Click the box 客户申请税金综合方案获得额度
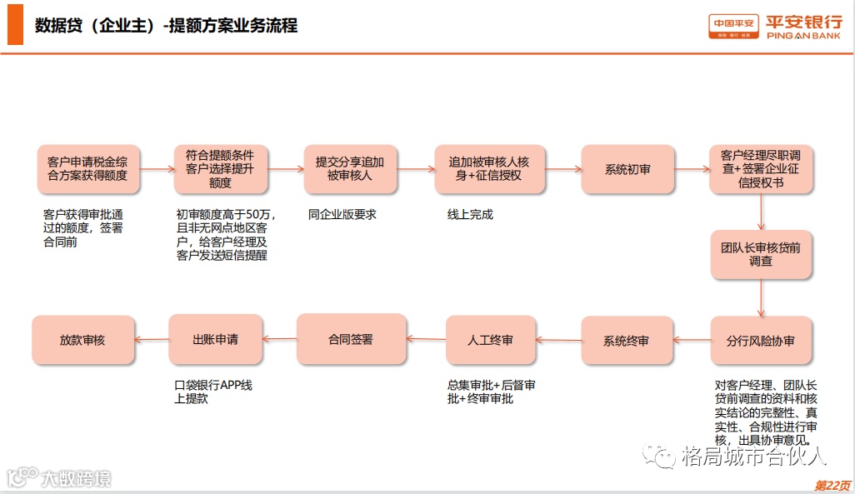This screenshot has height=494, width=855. [x=88, y=169]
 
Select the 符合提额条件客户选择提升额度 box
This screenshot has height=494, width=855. [x=221, y=169]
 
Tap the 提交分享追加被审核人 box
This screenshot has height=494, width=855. [x=350, y=169]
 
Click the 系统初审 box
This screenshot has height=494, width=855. [x=627, y=169]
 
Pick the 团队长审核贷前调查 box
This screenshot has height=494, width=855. [x=761, y=254]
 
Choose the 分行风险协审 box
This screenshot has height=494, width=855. [x=761, y=340]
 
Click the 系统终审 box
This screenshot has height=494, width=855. [x=627, y=340]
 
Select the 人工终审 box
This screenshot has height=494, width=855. [x=490, y=340]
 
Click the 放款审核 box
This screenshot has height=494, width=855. [x=82, y=340]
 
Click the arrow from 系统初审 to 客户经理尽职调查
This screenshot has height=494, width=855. [x=692, y=169]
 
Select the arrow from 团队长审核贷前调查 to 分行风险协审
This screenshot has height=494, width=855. [x=761, y=297]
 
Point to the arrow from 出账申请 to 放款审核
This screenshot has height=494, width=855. [x=151, y=339]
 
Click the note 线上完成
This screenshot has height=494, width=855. [x=471, y=214]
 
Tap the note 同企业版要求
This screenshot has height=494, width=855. [x=342, y=214]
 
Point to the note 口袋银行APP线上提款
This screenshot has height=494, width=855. [x=212, y=392]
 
